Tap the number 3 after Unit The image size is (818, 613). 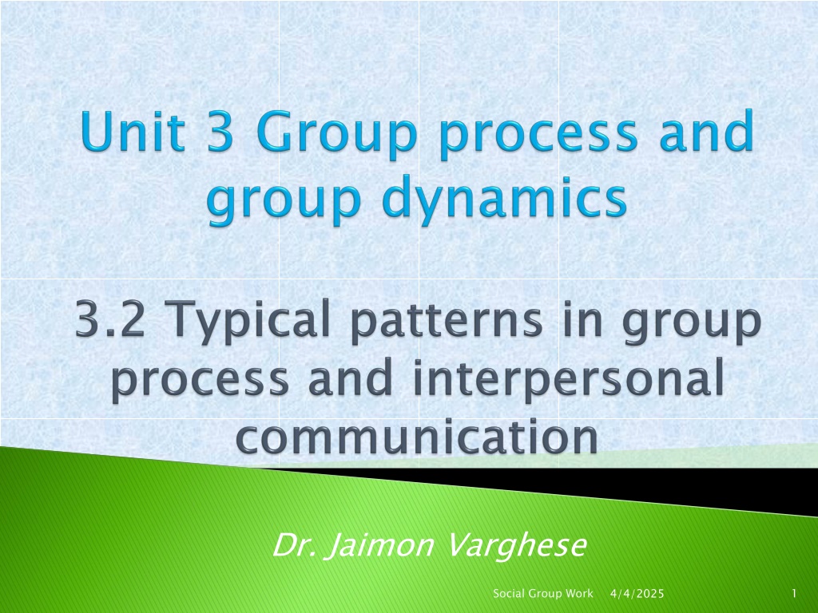tap(220, 132)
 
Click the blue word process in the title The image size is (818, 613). tap(538, 136)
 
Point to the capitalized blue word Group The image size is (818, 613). tap(336, 136)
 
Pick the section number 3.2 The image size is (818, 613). tap(110, 318)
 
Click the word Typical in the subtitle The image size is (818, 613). tap(249, 322)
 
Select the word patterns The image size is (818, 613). tap(447, 322)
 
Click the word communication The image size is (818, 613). tap(417, 437)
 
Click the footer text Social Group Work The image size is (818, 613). tap(543, 593)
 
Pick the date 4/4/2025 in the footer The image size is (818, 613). tap(637, 593)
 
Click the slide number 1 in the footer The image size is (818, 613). tap(794, 593)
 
